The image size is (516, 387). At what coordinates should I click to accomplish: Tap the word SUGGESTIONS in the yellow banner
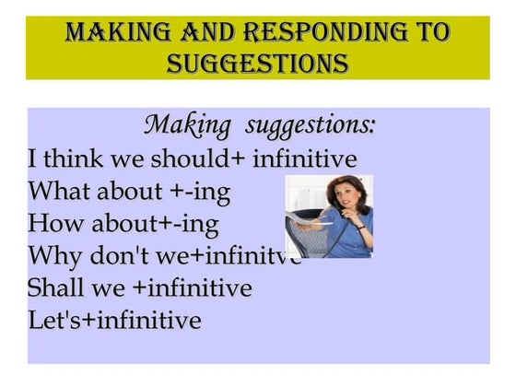pyautogui.click(x=258, y=64)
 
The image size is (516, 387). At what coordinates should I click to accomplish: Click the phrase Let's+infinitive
pyautogui.click(x=114, y=321)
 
